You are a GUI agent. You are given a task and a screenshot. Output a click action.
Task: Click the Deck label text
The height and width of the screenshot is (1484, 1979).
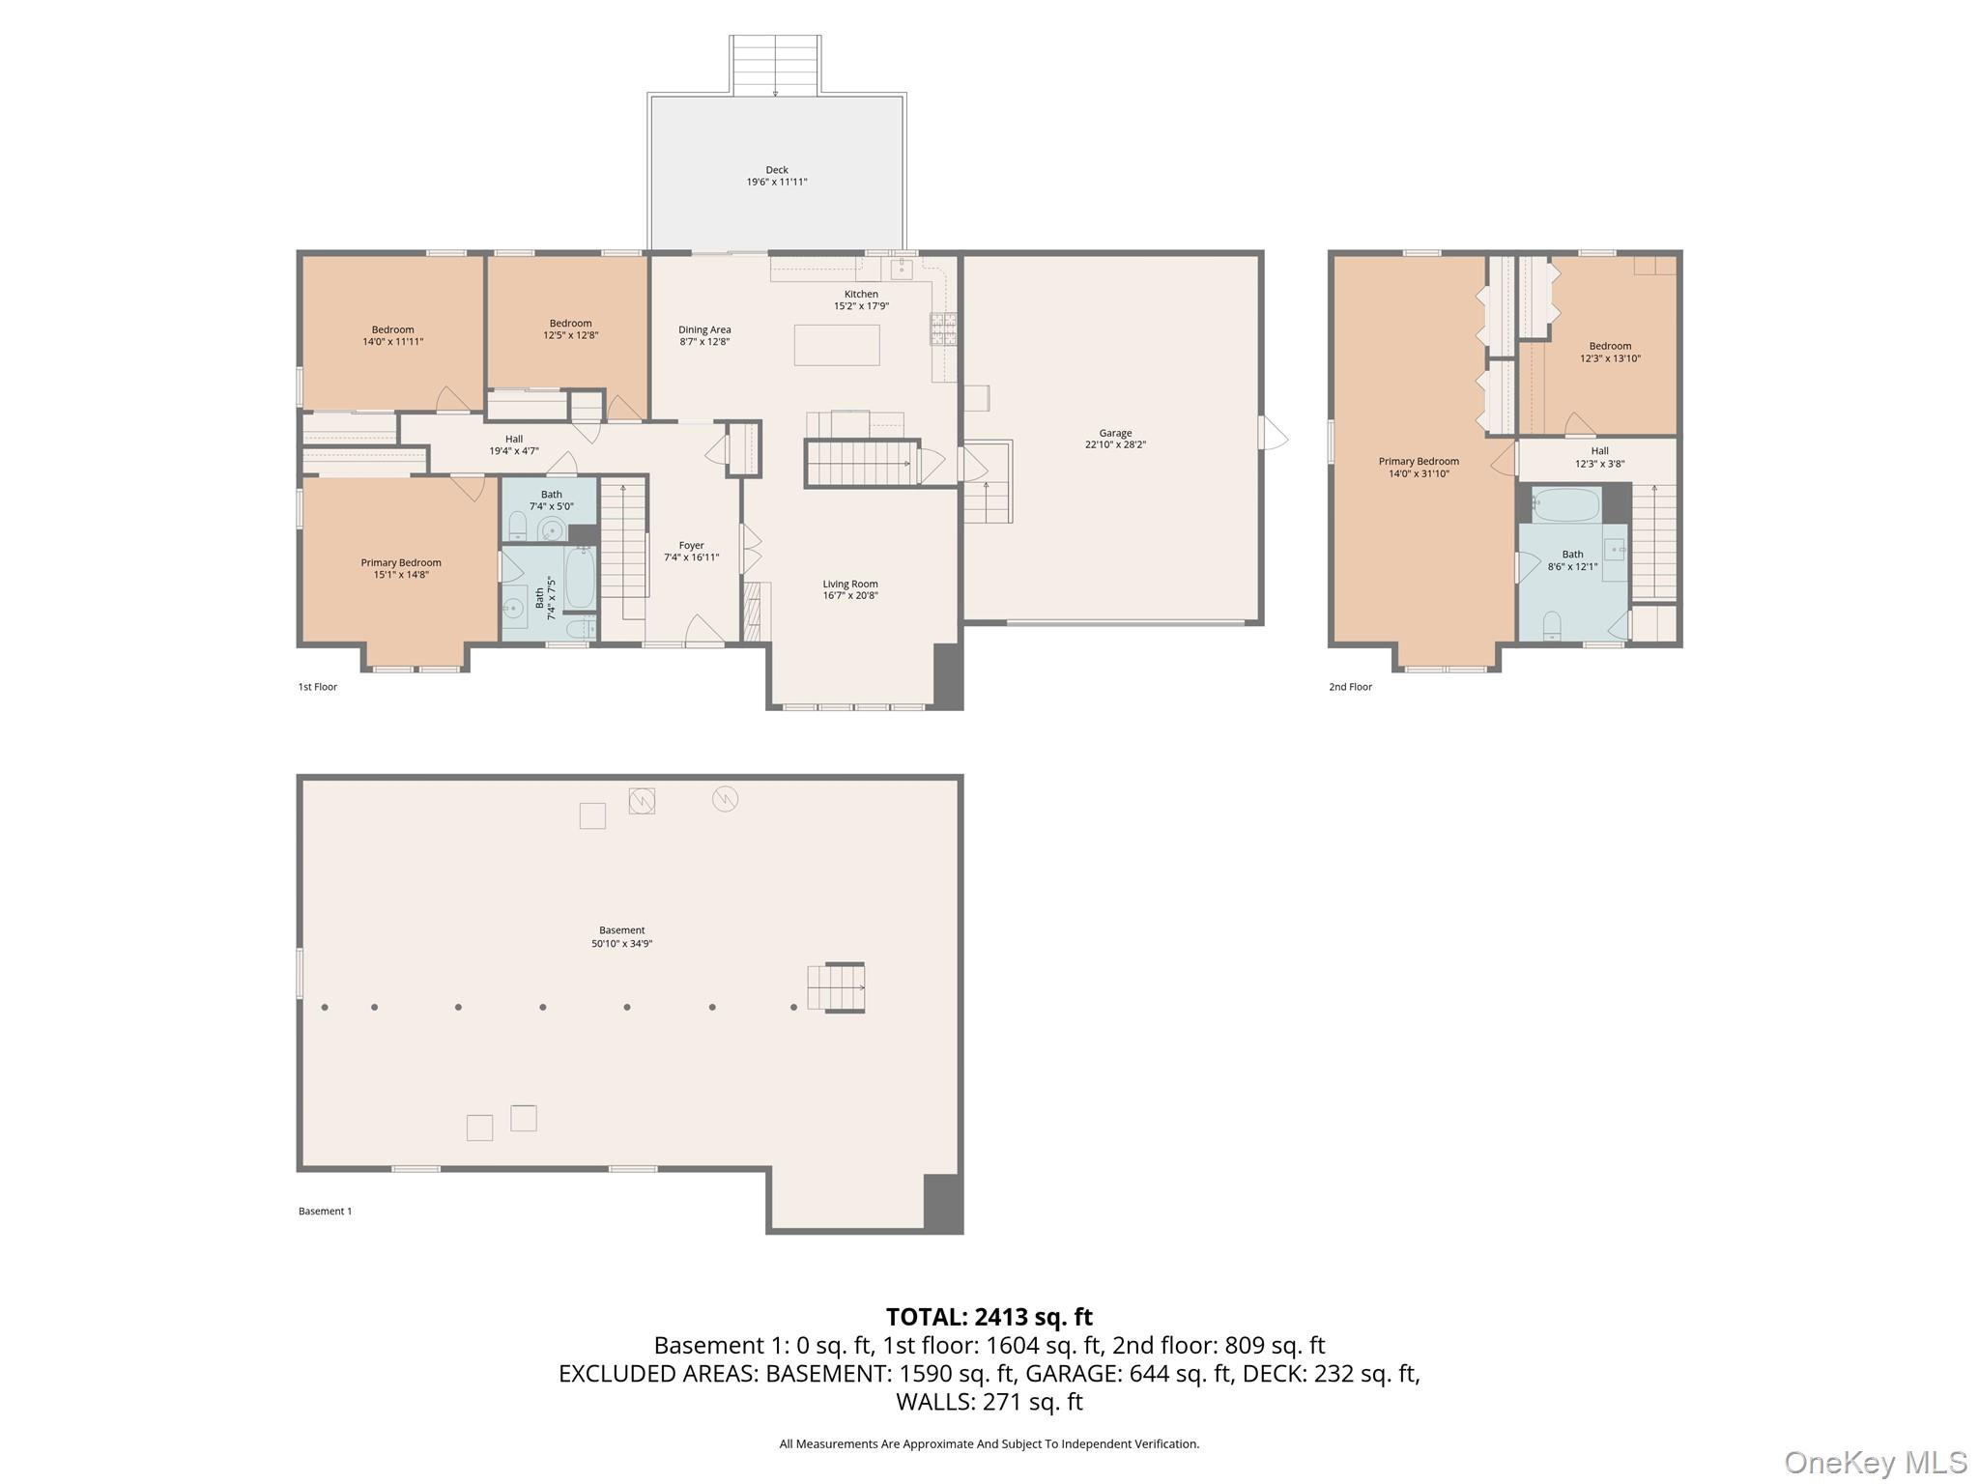coord(776,170)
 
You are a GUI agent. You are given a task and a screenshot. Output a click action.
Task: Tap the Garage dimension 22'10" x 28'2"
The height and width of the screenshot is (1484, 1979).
coord(1114,445)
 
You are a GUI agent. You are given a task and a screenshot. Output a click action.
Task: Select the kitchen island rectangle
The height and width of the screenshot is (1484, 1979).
coord(836,345)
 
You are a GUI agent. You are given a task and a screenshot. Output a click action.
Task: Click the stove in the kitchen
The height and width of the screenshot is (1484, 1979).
coord(943,328)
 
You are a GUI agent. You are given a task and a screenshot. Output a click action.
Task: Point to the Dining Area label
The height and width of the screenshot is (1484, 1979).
coord(703,329)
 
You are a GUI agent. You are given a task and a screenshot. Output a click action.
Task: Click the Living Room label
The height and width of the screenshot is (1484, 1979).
coord(849,584)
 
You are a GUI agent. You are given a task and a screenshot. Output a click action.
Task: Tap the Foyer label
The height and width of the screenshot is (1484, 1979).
coord(691,546)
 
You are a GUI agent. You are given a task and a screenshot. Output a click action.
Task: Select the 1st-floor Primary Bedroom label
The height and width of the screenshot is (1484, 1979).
coord(401,562)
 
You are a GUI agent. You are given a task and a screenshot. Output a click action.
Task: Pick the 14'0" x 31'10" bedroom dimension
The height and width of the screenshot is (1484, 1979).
coord(1418,474)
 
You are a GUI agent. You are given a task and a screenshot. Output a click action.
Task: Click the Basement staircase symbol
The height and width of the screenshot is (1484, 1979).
coord(836,987)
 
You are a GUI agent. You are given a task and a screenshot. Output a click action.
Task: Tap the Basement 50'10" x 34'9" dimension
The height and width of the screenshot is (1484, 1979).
coord(621,944)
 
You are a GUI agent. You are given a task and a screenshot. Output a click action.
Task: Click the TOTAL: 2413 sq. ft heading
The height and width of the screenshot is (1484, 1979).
coord(989,1317)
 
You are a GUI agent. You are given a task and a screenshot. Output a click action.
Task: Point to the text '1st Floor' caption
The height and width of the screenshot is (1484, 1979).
coord(317,687)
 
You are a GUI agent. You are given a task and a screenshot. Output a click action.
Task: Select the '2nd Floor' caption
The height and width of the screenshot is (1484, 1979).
coord(1349,687)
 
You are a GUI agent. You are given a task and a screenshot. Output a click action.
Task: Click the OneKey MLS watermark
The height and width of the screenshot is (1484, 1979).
coord(1874,1462)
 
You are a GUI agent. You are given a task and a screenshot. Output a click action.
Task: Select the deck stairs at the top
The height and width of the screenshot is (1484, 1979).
coord(776,65)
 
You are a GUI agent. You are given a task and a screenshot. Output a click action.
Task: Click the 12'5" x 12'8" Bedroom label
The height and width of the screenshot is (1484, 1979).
coord(570,329)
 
